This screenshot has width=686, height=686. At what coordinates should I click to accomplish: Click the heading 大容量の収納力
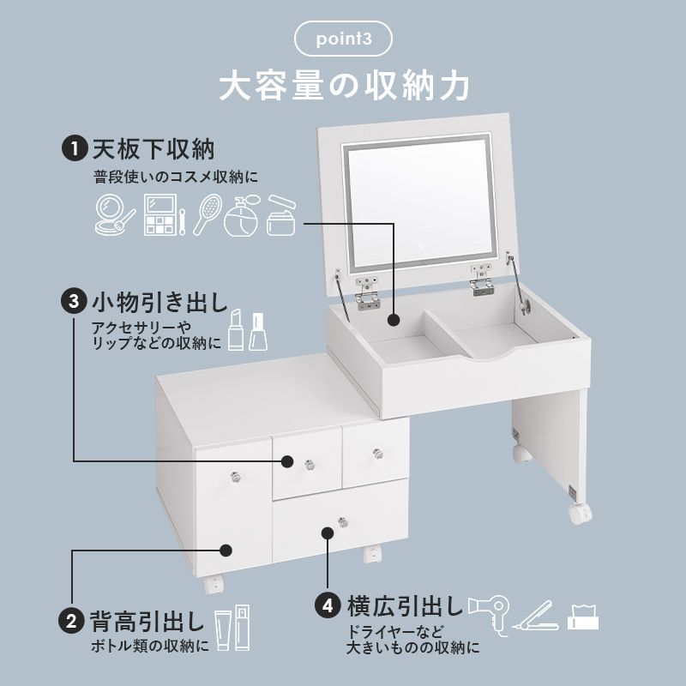tap(343, 86)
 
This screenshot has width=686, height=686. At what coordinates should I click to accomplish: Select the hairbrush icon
tap(207, 214)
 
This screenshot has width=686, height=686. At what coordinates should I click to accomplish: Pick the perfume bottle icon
tap(242, 217)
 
